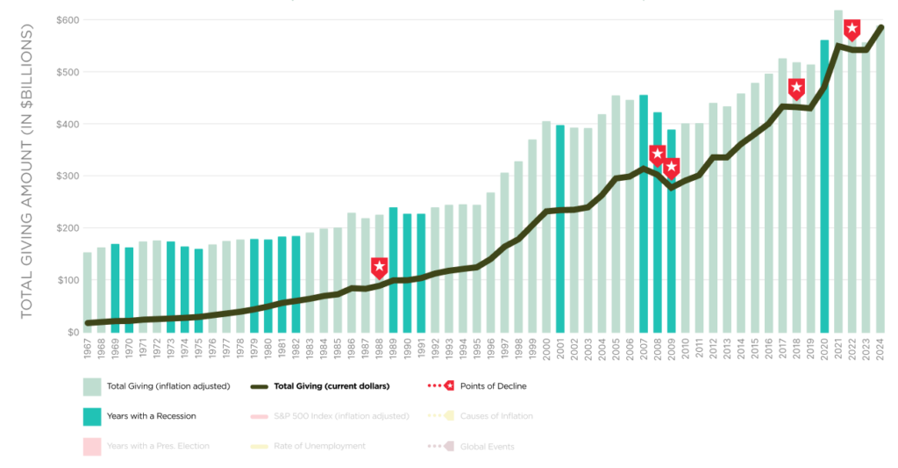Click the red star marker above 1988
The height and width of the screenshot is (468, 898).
coord(379,267)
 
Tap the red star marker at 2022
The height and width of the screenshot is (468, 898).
coord(852,29)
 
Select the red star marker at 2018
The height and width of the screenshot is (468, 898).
coord(796,88)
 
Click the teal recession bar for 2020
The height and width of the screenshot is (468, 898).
coord(824,186)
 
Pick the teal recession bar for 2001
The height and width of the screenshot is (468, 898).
coord(559,228)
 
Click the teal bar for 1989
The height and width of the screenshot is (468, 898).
coord(393,270)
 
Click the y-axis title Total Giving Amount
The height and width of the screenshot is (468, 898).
coord(27,172)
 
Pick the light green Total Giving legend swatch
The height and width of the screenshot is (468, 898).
coord(91,386)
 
